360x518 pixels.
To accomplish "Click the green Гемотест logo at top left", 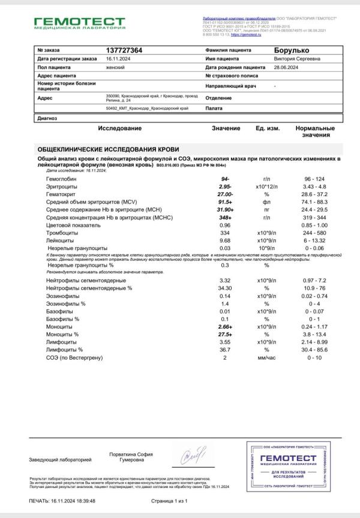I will point(79,23).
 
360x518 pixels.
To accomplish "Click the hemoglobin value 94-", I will point(226,179).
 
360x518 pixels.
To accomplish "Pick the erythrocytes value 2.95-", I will point(226,188).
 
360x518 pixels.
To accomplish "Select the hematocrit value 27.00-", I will point(226,195).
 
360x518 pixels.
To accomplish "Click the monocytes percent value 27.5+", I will point(226,333).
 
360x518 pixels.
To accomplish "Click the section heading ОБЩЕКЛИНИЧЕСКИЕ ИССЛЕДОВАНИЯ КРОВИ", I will point(108,149).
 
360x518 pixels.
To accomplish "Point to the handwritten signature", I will point(193,457).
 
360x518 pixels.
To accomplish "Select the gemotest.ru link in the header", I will point(251,36).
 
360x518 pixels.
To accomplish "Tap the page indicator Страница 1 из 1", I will point(170,500).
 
